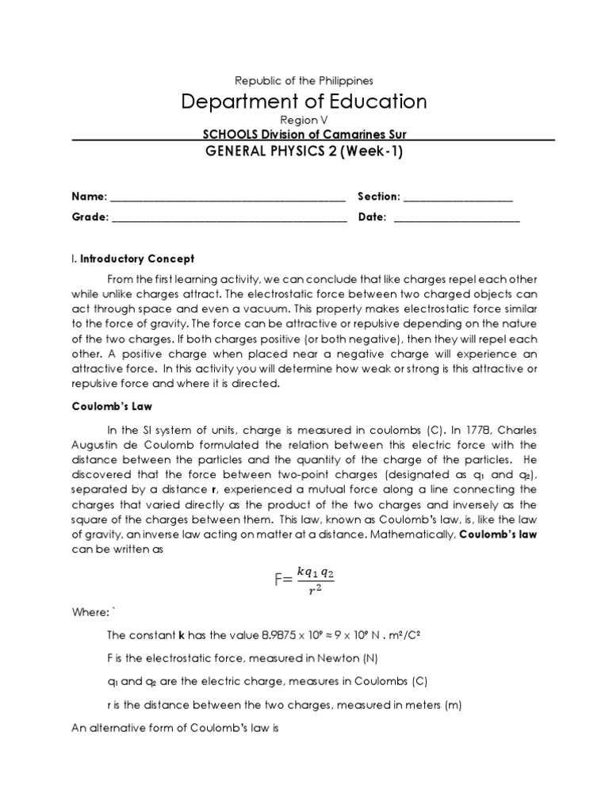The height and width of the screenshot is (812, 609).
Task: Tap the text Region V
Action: pos(304,121)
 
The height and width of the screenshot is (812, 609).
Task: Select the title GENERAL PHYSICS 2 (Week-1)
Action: pos(304,153)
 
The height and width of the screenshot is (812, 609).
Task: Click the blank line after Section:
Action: pos(458,198)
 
